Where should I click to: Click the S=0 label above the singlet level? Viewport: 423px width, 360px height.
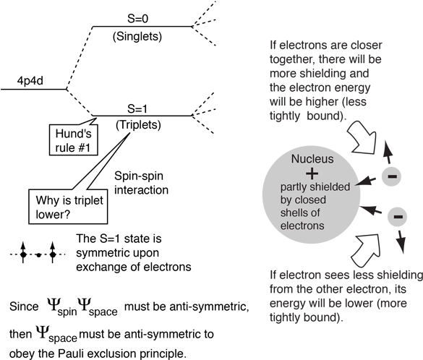click(x=137, y=19)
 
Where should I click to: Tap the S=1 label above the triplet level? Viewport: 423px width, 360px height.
click(x=137, y=108)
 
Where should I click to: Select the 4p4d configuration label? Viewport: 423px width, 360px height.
click(x=30, y=81)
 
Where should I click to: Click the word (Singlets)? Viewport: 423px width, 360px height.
click(x=137, y=36)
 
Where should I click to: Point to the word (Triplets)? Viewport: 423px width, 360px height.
click(x=138, y=125)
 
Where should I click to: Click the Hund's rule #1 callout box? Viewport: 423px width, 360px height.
click(x=73, y=140)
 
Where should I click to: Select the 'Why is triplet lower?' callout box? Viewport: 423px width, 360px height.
click(x=68, y=207)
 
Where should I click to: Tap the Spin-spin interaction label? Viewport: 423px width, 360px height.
click(x=141, y=183)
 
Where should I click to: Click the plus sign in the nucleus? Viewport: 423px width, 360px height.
click(x=312, y=173)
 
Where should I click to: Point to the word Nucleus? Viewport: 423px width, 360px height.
click(x=312, y=159)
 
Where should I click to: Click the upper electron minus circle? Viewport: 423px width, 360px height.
click(x=391, y=176)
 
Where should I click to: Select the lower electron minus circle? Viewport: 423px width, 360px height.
click(x=397, y=217)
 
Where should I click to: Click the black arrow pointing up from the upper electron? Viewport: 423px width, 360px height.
click(x=388, y=153)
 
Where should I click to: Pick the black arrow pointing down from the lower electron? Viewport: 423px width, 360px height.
click(x=401, y=241)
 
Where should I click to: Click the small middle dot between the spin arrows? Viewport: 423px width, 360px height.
click(x=38, y=254)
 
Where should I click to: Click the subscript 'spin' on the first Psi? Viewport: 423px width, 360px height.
click(x=67, y=312)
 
